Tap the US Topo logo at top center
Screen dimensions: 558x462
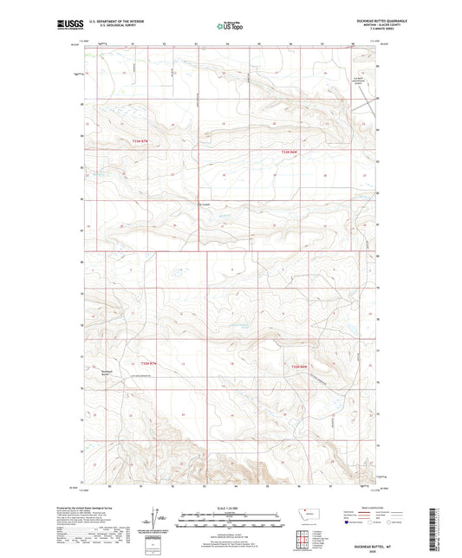tap(230, 26)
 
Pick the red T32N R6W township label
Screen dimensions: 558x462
tap(299, 366)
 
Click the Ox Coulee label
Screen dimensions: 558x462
tap(205, 205)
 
